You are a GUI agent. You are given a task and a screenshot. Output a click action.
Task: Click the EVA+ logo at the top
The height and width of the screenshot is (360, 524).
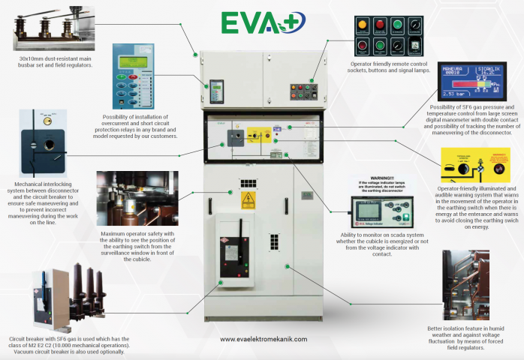(262, 22)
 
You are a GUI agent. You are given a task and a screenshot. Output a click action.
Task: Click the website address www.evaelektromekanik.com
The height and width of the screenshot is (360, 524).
(263, 339)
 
